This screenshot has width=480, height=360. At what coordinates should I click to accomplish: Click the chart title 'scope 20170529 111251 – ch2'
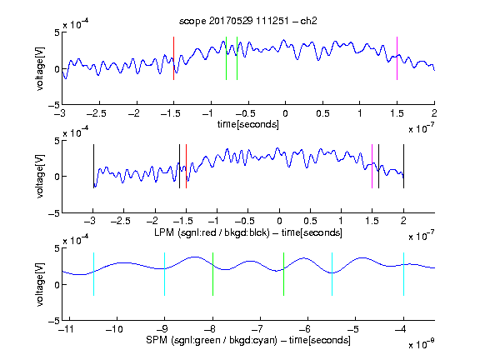pos(248,21)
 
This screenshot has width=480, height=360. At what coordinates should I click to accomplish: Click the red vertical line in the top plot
pos(173,58)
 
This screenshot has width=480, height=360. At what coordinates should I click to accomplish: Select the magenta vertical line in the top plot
pos(397,58)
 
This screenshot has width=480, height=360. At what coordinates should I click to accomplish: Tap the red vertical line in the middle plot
pos(186,166)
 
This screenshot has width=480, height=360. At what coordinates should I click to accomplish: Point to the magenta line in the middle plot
pos(372,166)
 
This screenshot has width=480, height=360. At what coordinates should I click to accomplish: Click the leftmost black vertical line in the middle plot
pos(93,166)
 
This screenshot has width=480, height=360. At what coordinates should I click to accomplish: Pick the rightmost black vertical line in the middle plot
pos(403,166)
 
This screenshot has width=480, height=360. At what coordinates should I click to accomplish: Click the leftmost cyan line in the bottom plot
pos(93,274)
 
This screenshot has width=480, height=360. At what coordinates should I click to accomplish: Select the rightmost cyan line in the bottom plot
pos(403,274)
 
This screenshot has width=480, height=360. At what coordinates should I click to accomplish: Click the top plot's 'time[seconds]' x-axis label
pos(248,124)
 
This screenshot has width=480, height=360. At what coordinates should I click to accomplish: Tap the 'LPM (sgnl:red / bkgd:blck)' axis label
pos(212,232)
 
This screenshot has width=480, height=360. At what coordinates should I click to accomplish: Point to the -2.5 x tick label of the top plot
pos(96,113)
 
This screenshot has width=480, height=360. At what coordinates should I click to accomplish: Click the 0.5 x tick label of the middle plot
pos(310,221)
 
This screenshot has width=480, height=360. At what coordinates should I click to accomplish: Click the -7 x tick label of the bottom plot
pos(259,329)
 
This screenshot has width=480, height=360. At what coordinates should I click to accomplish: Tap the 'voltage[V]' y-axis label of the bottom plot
pos(40,284)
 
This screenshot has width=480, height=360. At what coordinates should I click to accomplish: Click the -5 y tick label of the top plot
pos(54,105)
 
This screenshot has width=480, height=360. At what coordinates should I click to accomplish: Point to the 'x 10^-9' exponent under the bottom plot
pos(421,344)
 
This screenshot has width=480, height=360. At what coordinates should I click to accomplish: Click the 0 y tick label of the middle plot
pos(57,177)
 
